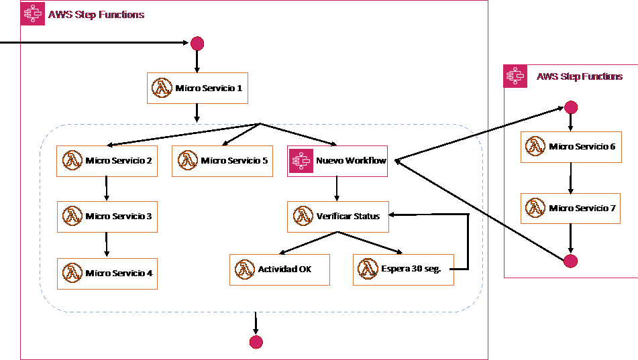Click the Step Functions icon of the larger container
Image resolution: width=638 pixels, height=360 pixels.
click(x=33, y=14)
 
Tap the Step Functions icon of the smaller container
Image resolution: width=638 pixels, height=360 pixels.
click(x=515, y=76)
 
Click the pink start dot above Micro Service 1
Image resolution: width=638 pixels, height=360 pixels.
click(x=197, y=44)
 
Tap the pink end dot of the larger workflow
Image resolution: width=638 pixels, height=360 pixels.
click(x=256, y=343)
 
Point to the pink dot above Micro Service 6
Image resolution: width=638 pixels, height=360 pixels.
click(x=571, y=107)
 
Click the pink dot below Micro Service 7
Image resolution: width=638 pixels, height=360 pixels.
click(x=570, y=261)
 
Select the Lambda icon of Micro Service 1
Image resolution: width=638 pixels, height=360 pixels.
click(x=162, y=88)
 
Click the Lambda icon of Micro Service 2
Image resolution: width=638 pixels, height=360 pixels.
click(x=72, y=161)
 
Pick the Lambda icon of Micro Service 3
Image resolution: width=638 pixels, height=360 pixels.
click(x=72, y=217)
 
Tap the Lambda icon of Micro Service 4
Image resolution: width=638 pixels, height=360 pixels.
click(x=72, y=274)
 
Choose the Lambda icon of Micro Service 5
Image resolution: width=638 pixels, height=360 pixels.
click(x=187, y=161)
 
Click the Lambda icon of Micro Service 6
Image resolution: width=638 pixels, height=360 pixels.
click(x=535, y=147)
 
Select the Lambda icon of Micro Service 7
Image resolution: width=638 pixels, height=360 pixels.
click(x=535, y=208)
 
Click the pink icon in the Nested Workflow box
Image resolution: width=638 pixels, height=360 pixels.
click(x=302, y=161)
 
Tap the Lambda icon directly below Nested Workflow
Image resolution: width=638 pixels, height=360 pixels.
click(x=303, y=217)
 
